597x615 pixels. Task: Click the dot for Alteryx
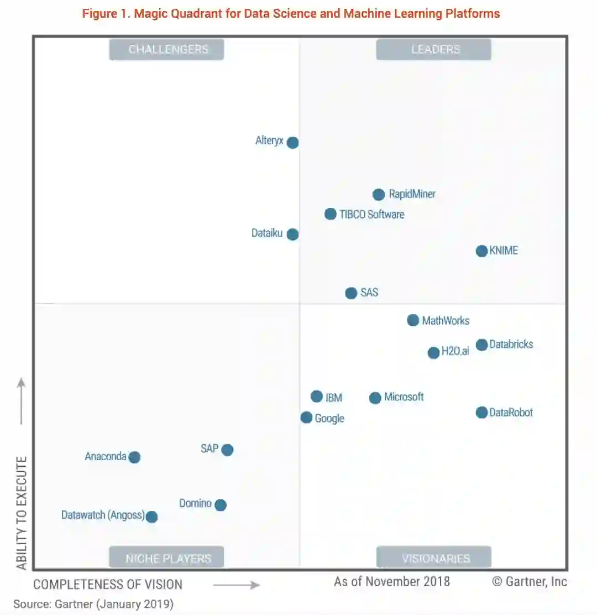(x=292, y=143)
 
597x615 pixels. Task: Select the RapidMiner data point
(x=379, y=195)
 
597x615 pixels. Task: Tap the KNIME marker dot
(x=482, y=251)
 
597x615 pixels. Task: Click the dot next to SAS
(x=351, y=293)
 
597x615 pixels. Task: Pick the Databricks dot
(x=482, y=345)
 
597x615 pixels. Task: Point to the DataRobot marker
(x=482, y=413)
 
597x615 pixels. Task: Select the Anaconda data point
(x=134, y=457)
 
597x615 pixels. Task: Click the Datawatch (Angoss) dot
(x=151, y=517)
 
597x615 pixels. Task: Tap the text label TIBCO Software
(x=371, y=215)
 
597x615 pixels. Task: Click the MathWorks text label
(x=446, y=321)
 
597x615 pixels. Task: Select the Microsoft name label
(x=404, y=397)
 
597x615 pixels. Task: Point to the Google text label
(x=329, y=419)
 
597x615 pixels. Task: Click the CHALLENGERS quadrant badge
(x=167, y=50)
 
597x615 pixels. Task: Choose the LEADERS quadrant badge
(x=434, y=50)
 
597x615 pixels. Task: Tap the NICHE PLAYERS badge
(x=167, y=558)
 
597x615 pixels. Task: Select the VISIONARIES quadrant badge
(x=434, y=558)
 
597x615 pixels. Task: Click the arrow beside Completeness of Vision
(x=236, y=585)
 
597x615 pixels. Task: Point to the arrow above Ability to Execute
(x=22, y=401)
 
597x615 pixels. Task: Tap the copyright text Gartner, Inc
(x=530, y=582)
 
